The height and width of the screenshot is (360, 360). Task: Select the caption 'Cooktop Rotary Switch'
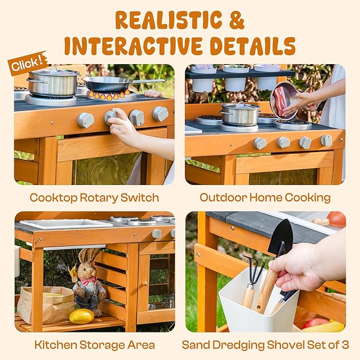[94, 198]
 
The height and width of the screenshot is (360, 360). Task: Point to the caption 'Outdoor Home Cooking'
[265, 198]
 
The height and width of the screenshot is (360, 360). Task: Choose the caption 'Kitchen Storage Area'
[94, 345]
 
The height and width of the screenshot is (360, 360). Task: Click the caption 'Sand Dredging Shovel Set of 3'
[265, 345]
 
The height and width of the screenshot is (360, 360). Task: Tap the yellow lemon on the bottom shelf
[82, 317]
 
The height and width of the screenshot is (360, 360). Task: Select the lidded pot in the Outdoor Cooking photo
[240, 114]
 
